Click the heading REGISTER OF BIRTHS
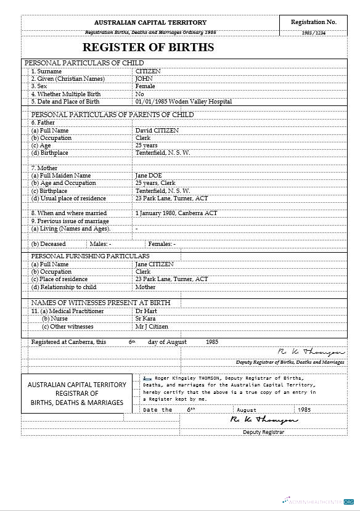tap(148, 47)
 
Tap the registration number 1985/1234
tap(314, 33)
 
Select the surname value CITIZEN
tap(148, 72)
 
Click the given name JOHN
tap(143, 79)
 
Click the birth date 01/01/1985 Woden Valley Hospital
tap(184, 102)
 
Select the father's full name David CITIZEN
tap(157, 131)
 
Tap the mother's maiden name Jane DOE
tap(149, 176)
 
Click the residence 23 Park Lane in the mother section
tap(171, 198)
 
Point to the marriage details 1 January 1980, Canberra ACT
tap(176, 213)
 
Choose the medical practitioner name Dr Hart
tap(145, 311)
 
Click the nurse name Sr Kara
tap(145, 319)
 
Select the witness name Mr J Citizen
tap(152, 327)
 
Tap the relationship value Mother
tap(145, 287)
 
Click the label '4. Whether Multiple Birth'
tap(66, 94)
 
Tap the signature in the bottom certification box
tap(263, 419)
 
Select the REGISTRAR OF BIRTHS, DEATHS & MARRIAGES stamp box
tap(77, 393)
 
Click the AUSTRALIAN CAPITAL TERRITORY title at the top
tap(150, 23)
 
